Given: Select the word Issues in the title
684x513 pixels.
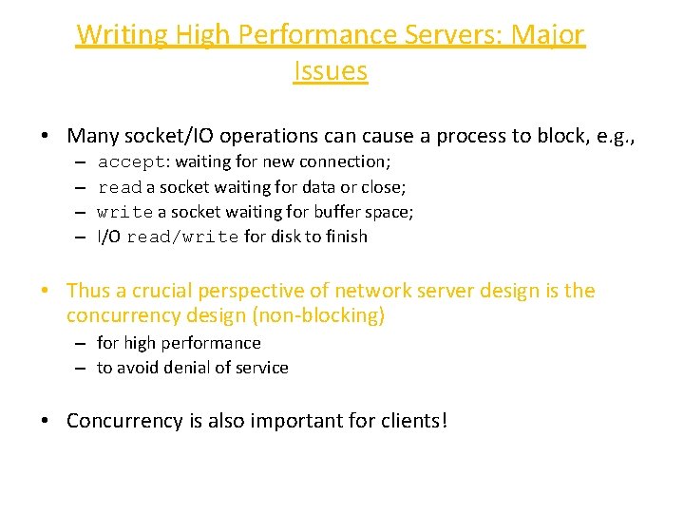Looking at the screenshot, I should pyautogui.click(x=331, y=71).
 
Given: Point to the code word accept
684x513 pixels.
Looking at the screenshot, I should pyautogui.click(x=132, y=162).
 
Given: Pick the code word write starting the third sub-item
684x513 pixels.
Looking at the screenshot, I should pyautogui.click(x=124, y=212).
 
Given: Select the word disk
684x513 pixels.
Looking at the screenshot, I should pyautogui.click(x=299, y=237).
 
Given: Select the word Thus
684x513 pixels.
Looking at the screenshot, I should pyautogui.click(x=88, y=291).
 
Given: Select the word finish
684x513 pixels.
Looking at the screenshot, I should pyautogui.click(x=346, y=237).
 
